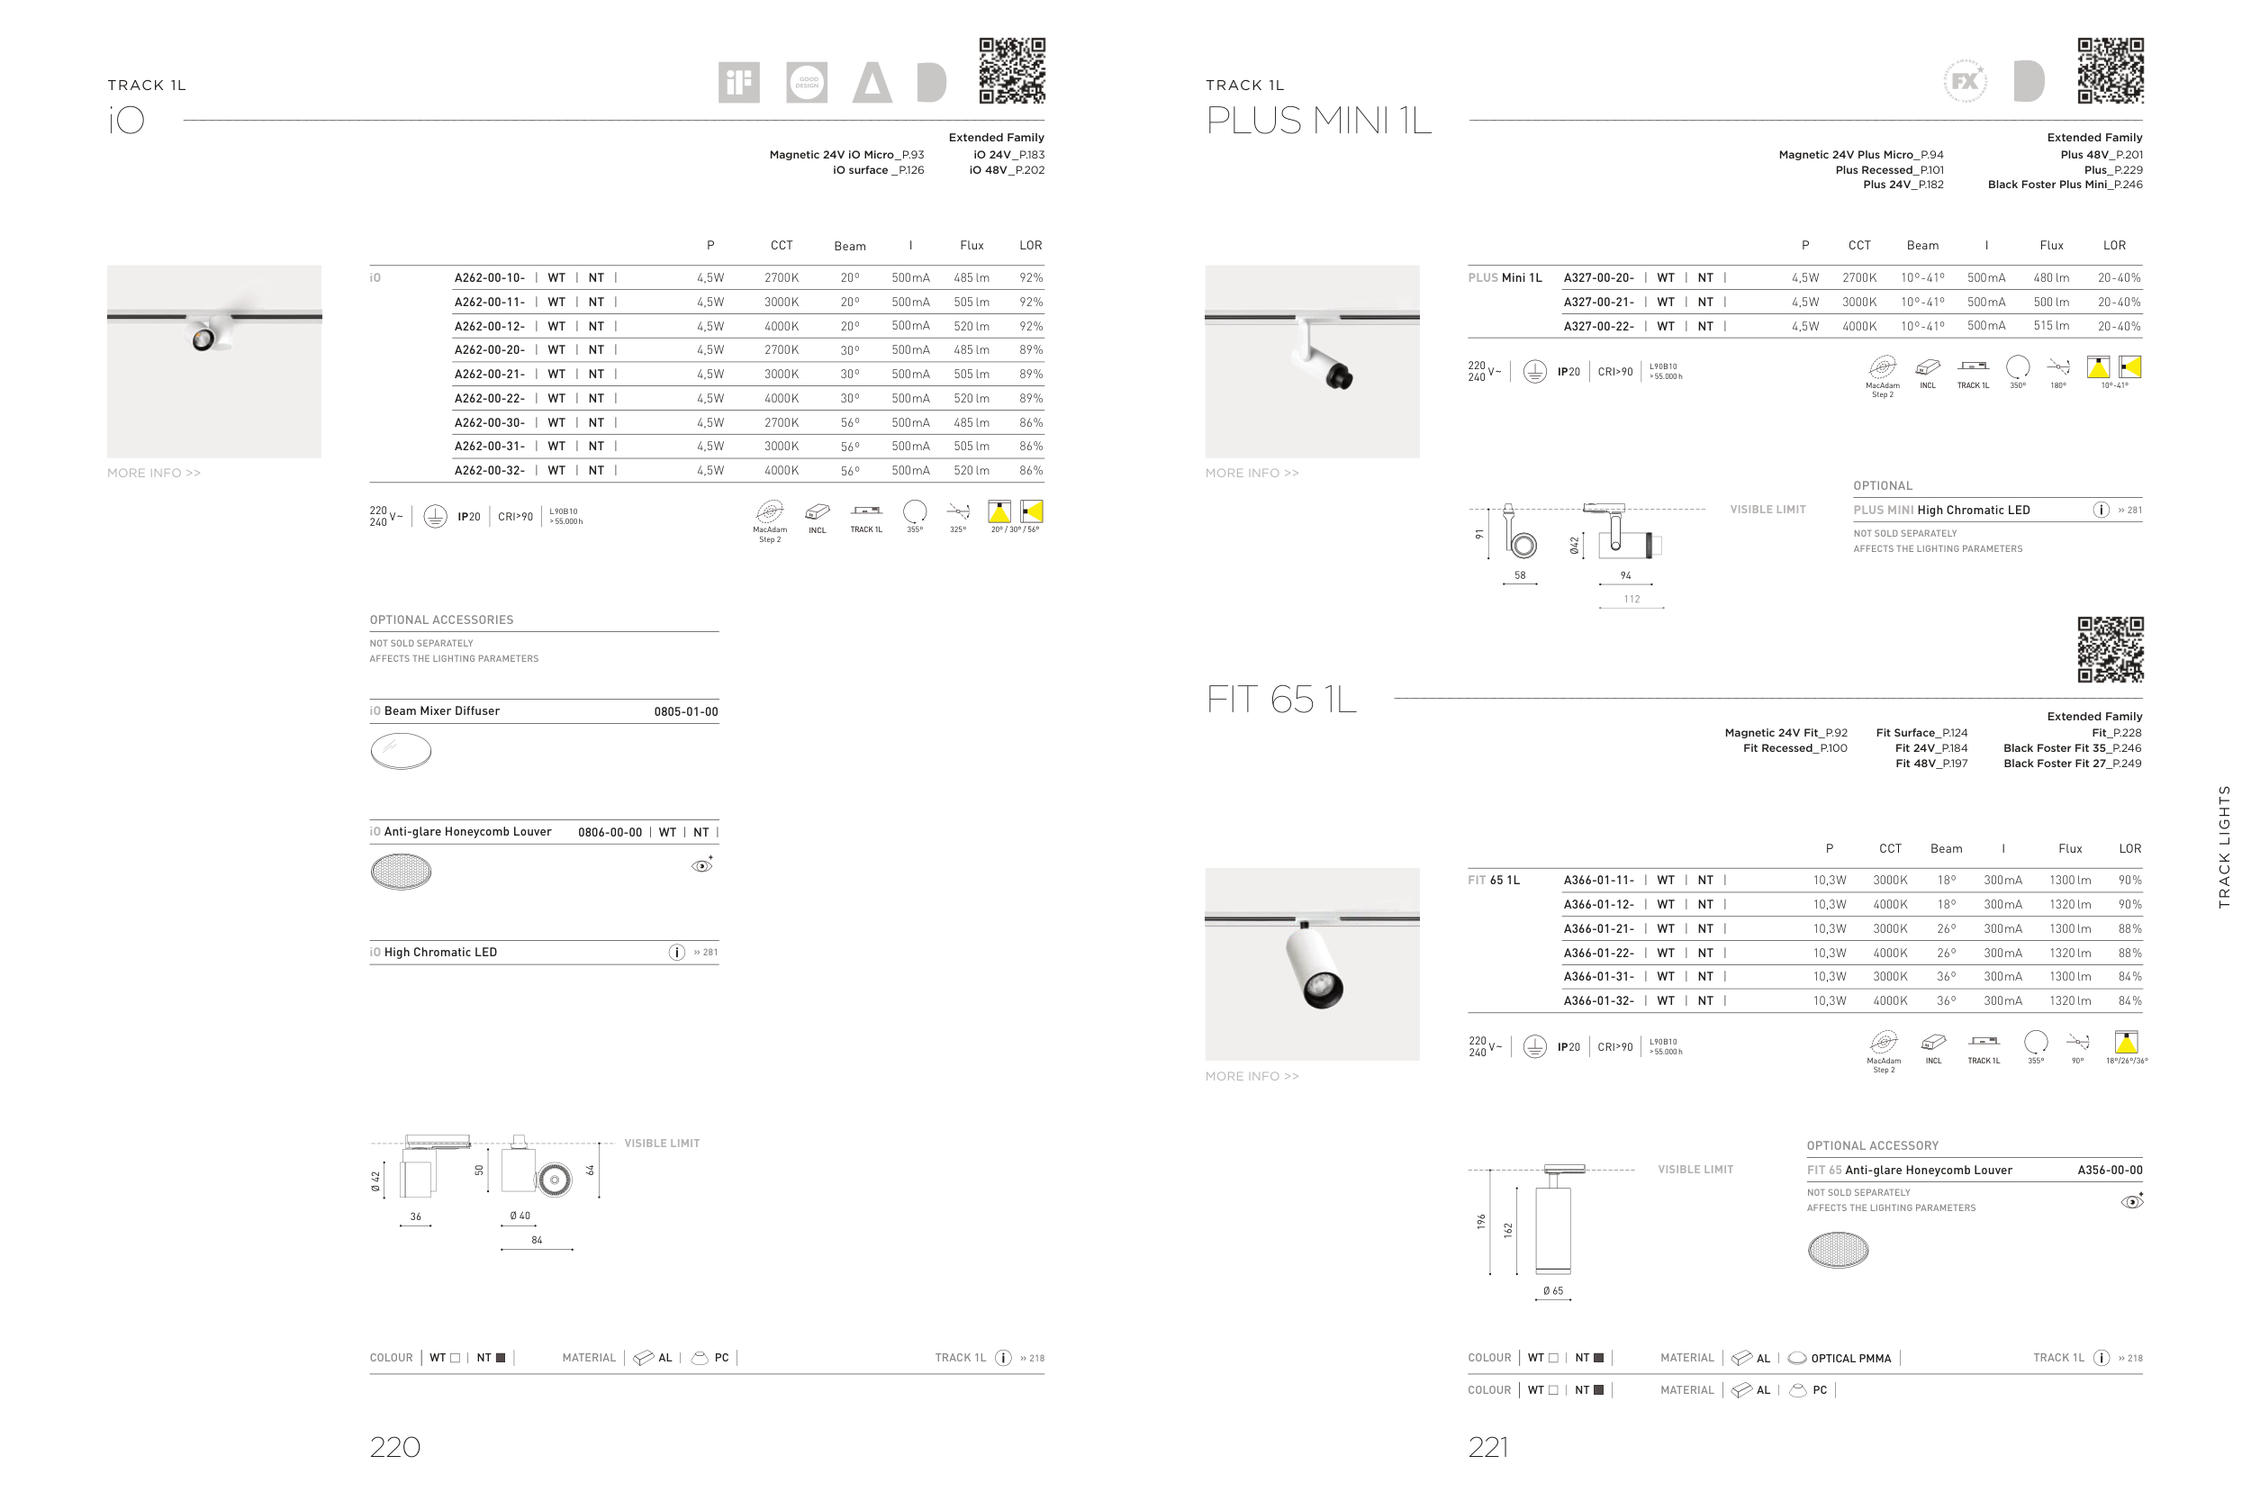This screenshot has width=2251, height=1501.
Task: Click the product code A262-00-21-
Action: (489, 375)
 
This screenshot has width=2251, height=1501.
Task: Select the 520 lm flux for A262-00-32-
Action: (972, 471)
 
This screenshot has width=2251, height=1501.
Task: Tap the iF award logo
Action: (739, 82)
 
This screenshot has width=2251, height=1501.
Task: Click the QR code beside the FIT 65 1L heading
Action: (2110, 650)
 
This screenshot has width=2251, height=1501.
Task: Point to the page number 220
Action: (395, 1446)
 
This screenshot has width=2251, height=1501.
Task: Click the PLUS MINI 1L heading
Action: (1319, 121)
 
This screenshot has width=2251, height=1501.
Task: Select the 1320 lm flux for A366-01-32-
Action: (2070, 1001)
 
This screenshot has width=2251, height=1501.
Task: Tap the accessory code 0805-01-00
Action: (686, 711)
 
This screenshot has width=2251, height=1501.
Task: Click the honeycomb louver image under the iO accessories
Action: (401, 871)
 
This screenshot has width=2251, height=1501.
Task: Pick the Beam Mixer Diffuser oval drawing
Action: (401, 751)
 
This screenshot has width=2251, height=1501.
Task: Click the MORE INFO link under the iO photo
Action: (154, 473)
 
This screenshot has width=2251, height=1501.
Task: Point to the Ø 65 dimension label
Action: (1553, 1291)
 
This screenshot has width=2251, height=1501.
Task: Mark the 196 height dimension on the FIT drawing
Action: (1481, 1222)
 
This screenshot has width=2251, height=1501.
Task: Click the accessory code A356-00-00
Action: (2111, 1170)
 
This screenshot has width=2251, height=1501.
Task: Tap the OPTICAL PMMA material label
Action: (1851, 1359)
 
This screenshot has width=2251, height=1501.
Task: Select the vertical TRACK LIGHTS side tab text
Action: (2224, 847)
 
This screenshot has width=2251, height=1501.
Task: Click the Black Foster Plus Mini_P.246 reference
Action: (2066, 185)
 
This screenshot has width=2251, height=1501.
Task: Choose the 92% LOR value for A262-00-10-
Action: (1031, 278)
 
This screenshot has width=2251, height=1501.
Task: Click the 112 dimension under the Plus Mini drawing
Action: (1632, 600)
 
